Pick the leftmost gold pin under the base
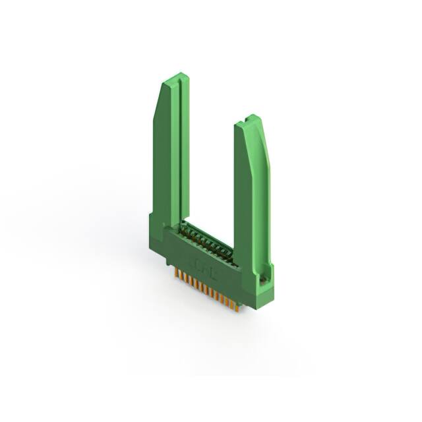click(x=176, y=274)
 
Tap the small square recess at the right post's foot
click(x=264, y=281)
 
